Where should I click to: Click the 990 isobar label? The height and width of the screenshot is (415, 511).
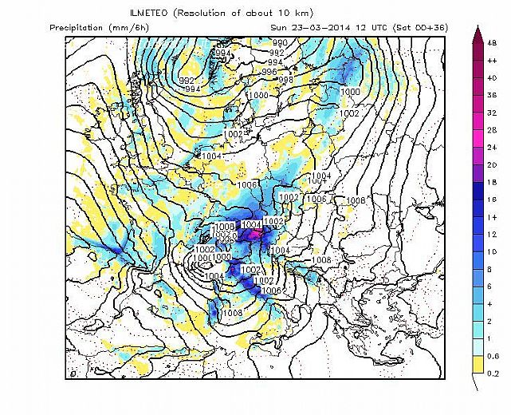tap(280, 43)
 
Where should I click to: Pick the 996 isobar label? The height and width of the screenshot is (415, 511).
tap(267, 72)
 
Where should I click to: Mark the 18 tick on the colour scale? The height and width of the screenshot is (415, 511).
tap(493, 183)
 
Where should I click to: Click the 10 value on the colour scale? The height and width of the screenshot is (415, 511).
tap(493, 251)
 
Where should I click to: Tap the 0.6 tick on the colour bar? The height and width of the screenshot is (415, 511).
tap(494, 355)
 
